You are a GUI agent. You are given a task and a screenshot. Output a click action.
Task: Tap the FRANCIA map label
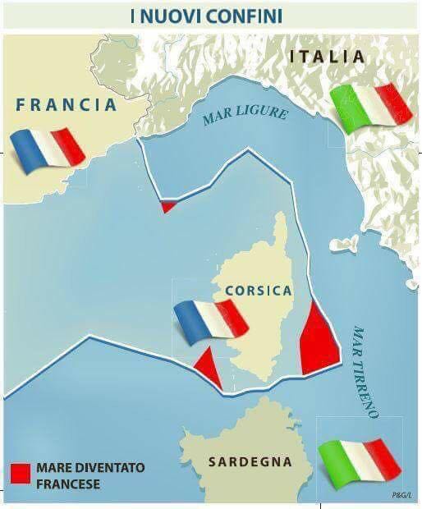coord(67,105)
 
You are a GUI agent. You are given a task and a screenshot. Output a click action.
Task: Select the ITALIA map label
coord(328,57)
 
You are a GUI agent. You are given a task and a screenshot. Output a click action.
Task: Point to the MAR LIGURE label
coord(245,117)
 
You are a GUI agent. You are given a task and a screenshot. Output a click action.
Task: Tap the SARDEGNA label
coord(250,462)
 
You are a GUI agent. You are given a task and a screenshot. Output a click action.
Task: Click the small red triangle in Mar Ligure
coord(167,205)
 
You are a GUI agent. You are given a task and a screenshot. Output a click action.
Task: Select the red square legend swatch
coord(20,474)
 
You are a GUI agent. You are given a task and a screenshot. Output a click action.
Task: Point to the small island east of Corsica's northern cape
coord(344,244)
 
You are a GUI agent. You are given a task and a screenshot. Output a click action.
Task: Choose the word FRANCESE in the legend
coord(68,484)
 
